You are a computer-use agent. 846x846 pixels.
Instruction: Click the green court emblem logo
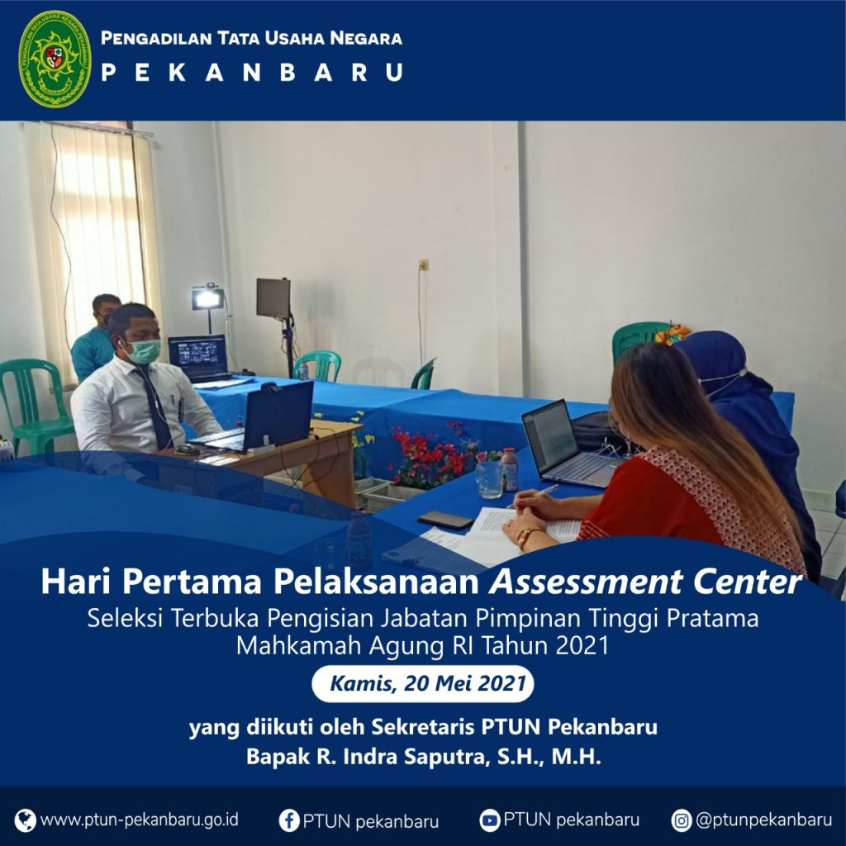55,59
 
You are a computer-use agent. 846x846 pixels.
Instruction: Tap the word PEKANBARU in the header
252,73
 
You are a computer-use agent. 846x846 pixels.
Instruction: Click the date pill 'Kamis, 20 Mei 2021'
423,683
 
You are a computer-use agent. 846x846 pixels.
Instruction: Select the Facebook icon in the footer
289,820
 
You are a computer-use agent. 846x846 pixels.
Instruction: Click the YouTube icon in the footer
490,820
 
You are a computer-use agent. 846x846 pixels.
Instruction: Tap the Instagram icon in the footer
682,820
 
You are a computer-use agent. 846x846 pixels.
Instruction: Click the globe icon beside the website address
26,820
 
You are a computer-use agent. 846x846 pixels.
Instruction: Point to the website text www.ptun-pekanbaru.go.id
139,820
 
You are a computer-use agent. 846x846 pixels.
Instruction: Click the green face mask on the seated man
144,350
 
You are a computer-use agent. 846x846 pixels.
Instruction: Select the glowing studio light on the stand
207,298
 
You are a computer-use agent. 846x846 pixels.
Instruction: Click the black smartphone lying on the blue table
445,520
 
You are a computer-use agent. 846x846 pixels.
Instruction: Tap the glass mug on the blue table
489,479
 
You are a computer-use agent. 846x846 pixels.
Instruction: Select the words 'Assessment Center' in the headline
645,582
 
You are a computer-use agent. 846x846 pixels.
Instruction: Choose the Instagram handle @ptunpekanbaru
764,820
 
